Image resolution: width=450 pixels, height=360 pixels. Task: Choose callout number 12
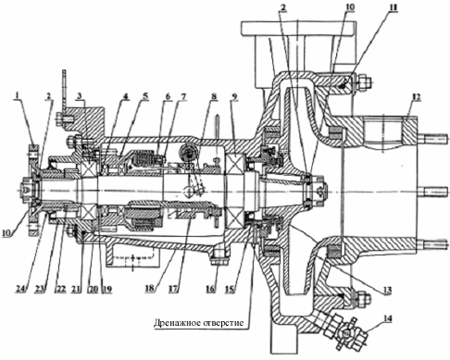(417, 97)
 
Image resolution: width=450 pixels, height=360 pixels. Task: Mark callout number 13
(388, 290)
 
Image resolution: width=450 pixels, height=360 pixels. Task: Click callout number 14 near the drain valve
(388, 318)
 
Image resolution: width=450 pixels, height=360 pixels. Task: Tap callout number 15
(231, 290)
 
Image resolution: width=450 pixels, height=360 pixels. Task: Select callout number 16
(210, 290)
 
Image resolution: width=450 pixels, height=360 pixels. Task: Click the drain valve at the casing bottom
(345, 331)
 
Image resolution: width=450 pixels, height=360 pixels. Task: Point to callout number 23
(45, 290)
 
